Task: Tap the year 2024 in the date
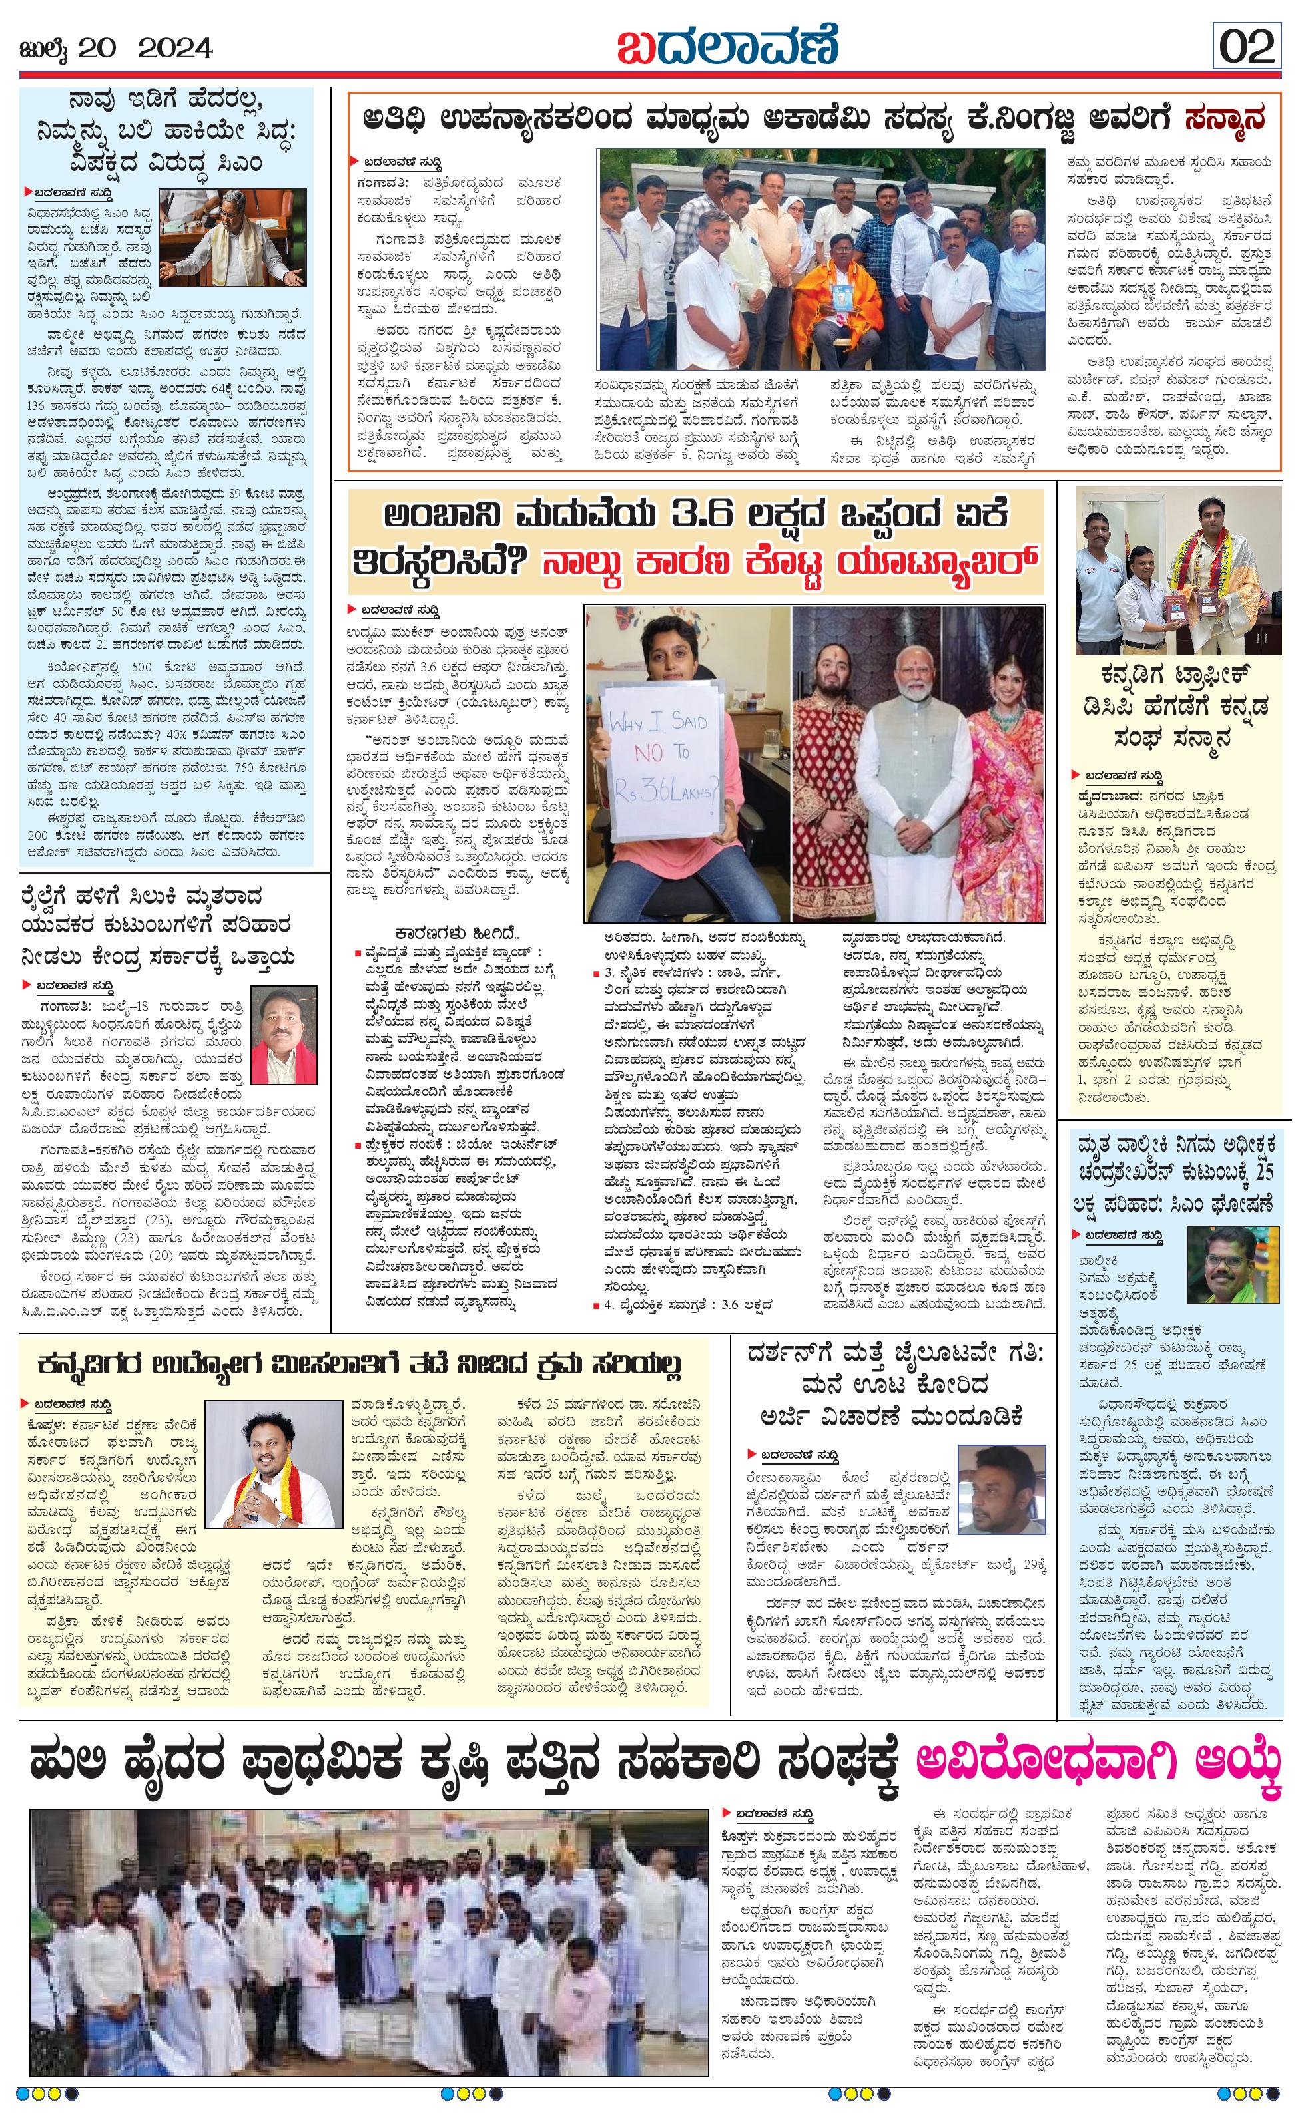click(x=175, y=47)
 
